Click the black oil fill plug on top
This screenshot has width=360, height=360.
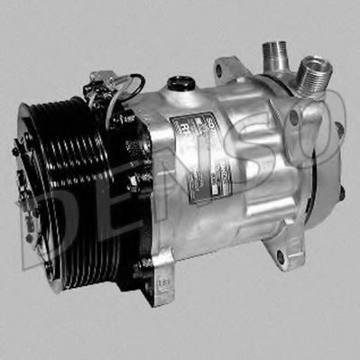[182, 83]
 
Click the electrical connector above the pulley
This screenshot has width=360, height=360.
[97, 90]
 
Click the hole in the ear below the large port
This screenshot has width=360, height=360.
[311, 116]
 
